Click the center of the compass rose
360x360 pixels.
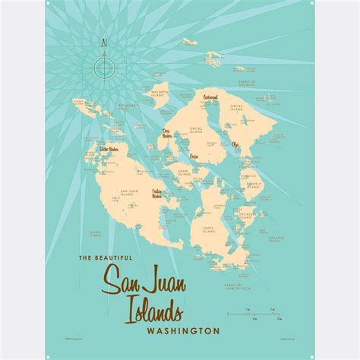tap(103, 68)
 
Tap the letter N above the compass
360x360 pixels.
tap(103, 44)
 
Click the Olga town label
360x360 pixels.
tap(235, 144)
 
